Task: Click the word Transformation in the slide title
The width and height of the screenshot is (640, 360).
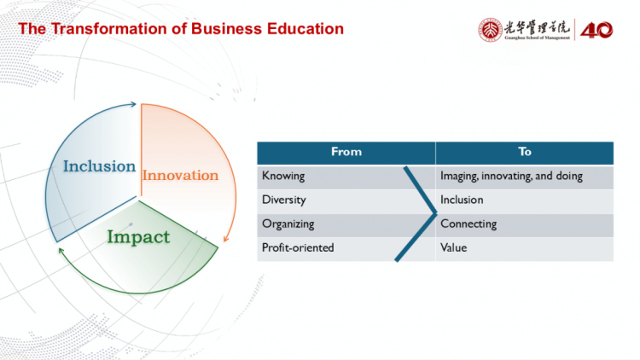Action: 118,29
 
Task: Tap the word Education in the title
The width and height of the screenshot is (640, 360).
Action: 305,29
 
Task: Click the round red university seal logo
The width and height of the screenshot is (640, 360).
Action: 490,30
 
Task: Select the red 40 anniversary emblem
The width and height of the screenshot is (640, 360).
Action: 596,30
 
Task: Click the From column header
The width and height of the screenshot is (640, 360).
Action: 346,152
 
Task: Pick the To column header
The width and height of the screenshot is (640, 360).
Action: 525,152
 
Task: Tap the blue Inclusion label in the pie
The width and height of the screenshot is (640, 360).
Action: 99,166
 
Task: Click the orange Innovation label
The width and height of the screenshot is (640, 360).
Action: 180,175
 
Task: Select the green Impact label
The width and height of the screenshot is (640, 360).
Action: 138,237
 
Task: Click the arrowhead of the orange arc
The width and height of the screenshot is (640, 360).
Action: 226,239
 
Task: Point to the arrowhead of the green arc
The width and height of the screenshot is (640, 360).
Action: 61,250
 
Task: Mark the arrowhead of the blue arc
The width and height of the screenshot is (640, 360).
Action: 133,104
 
